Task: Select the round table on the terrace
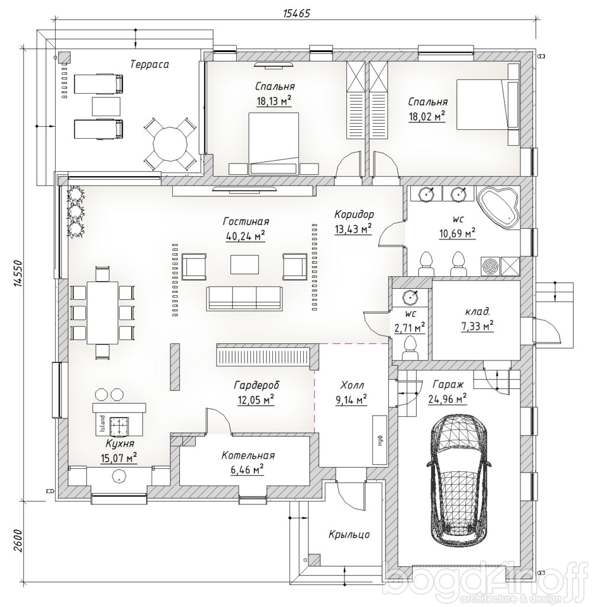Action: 170,145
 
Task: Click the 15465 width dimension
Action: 297,14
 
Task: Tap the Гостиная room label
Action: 246,222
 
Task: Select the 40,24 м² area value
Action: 246,236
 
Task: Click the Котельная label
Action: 248,456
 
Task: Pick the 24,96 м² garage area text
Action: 448,398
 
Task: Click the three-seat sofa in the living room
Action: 244,298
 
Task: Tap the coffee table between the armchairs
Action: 244,264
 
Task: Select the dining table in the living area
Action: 102,313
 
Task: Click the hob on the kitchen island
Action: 120,426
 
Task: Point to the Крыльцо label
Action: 349,535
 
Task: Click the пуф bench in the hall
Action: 379,440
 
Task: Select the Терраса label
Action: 150,64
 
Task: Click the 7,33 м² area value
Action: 477,326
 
